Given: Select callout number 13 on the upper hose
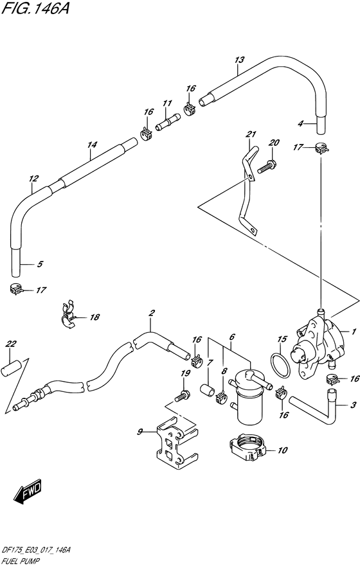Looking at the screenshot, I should pyautogui.click(x=239, y=60).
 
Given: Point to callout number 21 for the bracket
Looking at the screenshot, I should pyautogui.click(x=251, y=134).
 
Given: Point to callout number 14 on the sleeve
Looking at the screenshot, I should pyautogui.click(x=92, y=145).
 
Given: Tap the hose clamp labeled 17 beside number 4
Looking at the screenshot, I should pyautogui.click(x=322, y=150).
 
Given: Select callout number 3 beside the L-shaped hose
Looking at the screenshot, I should pyautogui.click(x=353, y=423).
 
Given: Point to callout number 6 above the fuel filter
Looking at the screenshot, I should pyautogui.click(x=231, y=336).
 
